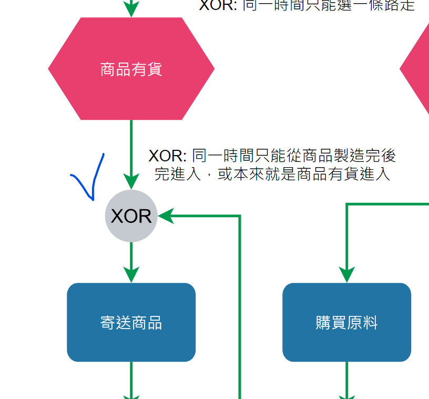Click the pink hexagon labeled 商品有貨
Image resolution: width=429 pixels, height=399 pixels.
pos(131,69)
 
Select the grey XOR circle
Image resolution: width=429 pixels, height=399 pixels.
pos(131,216)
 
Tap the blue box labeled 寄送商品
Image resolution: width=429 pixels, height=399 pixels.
pos(131,322)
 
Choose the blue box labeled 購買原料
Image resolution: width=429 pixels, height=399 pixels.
pos(346,322)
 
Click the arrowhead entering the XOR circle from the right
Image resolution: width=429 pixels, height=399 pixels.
pos(166,216)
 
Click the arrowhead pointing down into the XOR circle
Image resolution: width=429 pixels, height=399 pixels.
pos(131,181)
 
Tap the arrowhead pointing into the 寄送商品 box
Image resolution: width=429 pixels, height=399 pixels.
pos(131,274)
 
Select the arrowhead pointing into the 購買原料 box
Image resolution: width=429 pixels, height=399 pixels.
pos(346,274)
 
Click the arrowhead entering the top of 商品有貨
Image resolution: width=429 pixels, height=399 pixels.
pos(131,9)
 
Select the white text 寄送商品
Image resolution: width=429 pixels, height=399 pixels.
pos(131,323)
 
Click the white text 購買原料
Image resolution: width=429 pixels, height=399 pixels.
pos(346,323)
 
